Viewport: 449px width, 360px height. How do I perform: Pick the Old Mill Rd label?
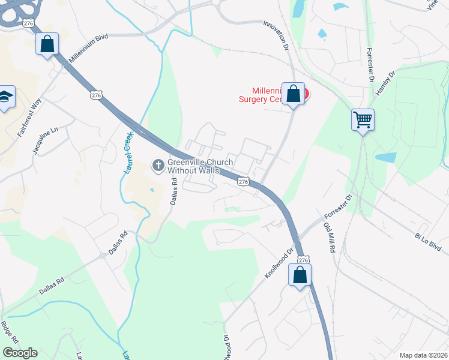coord(329,237)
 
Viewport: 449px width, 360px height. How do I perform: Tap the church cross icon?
coord(158,165)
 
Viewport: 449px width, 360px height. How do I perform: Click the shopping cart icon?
coord(363,119)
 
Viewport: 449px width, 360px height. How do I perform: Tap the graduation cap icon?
coord(5,96)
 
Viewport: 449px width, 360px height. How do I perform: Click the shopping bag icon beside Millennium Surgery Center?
coord(293,94)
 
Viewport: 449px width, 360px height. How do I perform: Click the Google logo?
coord(20,353)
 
